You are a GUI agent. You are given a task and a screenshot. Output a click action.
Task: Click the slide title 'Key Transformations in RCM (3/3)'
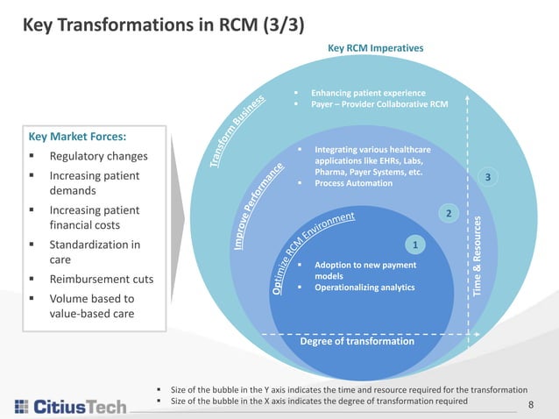pyautogui.click(x=163, y=24)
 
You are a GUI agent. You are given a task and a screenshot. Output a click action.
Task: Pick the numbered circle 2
pyautogui.click(x=449, y=213)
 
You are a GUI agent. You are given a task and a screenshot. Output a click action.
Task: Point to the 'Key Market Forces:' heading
pyautogui.click(x=77, y=137)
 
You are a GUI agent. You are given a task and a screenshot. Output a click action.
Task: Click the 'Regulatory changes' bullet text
pyautogui.click(x=98, y=157)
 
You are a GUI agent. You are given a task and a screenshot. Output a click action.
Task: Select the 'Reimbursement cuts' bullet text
pyautogui.click(x=102, y=280)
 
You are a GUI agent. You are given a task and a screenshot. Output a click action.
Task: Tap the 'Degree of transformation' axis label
pyautogui.click(x=357, y=341)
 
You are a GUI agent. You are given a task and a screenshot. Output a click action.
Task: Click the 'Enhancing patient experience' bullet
pyautogui.click(x=368, y=93)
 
